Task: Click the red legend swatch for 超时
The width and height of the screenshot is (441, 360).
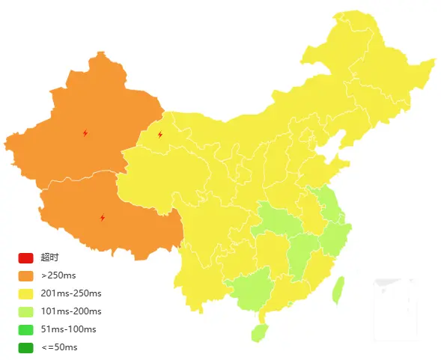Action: click(x=26, y=257)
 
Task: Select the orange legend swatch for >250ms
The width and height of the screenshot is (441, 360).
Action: click(x=26, y=275)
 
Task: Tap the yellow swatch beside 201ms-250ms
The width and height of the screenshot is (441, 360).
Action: click(x=26, y=293)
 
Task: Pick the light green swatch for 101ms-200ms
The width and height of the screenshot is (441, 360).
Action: click(x=26, y=311)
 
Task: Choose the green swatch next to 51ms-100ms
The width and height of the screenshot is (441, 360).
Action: click(x=26, y=329)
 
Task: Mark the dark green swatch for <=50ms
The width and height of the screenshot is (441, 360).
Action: click(x=26, y=347)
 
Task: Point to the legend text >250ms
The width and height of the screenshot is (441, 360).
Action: click(x=59, y=275)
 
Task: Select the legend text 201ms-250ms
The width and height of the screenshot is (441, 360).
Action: click(x=71, y=293)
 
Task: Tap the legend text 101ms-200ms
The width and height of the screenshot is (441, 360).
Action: click(x=71, y=311)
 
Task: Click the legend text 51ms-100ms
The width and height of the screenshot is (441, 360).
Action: click(x=68, y=329)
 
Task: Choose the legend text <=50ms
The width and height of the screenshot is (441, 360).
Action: click(x=59, y=347)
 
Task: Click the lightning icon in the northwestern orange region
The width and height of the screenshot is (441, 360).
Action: click(x=85, y=133)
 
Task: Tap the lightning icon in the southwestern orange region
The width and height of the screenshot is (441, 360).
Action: click(x=103, y=218)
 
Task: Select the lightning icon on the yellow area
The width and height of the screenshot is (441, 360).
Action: click(x=160, y=135)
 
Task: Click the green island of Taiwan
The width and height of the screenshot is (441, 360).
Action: click(x=338, y=290)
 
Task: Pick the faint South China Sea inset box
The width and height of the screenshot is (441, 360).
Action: click(x=394, y=304)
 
